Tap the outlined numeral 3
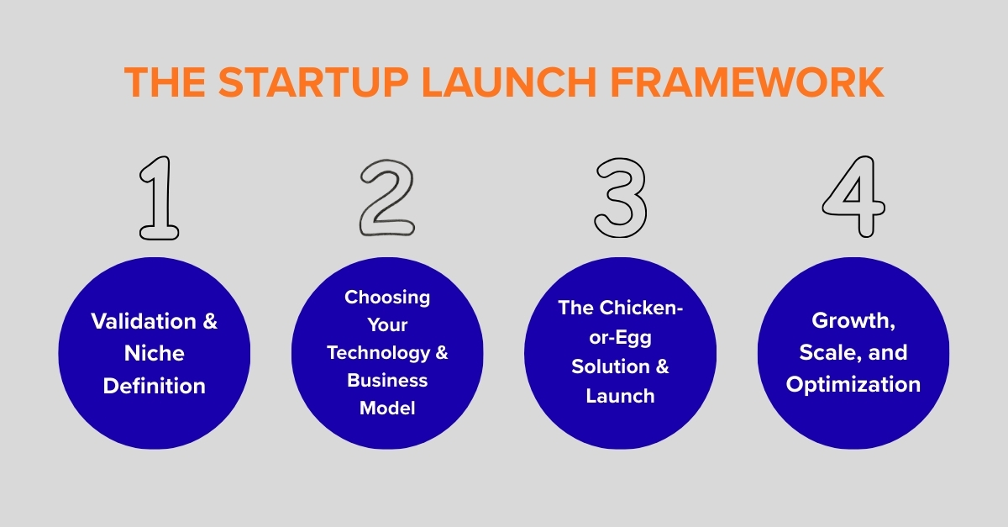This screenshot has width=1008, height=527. [621, 196]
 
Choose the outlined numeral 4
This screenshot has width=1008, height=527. [853, 196]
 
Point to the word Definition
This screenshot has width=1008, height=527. [154, 386]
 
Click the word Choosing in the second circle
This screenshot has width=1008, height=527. [387, 297]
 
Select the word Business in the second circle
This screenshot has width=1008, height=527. [387, 380]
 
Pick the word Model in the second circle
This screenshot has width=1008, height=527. [387, 408]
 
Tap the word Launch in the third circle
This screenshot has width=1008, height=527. [620, 396]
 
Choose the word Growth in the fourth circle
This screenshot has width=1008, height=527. [850, 320]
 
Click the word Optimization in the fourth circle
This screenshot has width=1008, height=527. [853, 384]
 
